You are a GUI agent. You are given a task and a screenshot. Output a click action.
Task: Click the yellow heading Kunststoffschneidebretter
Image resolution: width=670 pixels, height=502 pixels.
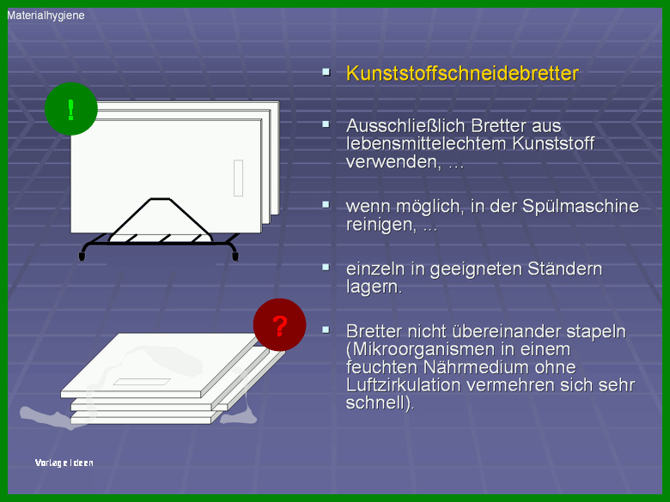tap(462, 74)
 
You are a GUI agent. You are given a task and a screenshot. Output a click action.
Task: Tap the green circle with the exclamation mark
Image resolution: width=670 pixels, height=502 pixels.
tap(71, 109)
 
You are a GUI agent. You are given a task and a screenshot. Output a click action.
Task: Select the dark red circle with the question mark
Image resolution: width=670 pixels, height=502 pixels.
tap(279, 325)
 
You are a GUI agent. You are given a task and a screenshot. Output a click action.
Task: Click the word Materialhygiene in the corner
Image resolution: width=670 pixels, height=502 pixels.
tap(46, 15)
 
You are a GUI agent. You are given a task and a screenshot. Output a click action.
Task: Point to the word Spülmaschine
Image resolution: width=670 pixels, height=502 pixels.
tap(581, 206)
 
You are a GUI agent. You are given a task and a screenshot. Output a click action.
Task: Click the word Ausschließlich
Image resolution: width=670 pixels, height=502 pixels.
tap(405, 126)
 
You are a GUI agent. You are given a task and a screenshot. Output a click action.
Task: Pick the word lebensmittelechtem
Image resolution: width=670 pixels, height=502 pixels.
tap(426, 144)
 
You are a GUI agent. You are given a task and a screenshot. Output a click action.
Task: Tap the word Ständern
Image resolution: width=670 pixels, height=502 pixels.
tap(564, 269)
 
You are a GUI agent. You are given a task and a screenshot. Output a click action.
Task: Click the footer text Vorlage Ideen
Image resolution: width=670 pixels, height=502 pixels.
tap(64, 463)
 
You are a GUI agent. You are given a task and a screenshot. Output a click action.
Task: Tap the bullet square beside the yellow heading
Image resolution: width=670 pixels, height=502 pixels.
tap(326, 72)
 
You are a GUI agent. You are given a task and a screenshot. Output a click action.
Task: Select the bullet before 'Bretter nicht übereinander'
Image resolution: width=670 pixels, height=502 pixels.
tap(326, 330)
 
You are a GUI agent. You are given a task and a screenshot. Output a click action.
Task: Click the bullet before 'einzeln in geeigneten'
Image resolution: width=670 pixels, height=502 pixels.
tap(326, 267)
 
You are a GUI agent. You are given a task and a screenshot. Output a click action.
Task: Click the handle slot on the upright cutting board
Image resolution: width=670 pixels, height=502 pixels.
tap(239, 178)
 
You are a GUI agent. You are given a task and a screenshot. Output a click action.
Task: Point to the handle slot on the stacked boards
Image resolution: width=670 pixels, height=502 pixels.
tap(142, 382)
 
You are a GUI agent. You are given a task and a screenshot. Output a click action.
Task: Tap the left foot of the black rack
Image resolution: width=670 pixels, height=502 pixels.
tap(82, 256)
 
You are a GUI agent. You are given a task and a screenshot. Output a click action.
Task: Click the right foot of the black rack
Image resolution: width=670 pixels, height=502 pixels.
tap(235, 256)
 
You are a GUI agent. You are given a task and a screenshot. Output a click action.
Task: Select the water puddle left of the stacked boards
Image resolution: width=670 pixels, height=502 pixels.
tap(45, 417)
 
